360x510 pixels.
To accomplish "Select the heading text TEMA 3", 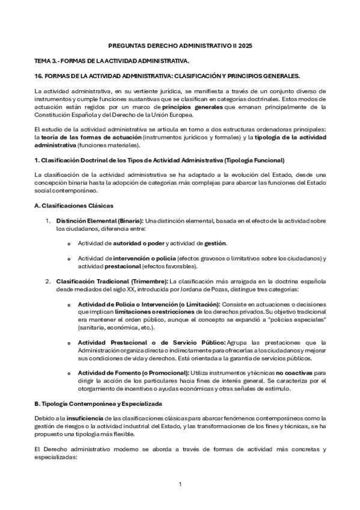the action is [48, 61].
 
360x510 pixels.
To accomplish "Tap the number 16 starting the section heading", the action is [38, 76].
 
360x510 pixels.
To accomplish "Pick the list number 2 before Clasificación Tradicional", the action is [48, 281].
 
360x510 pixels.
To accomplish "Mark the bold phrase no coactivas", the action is [294, 373].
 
